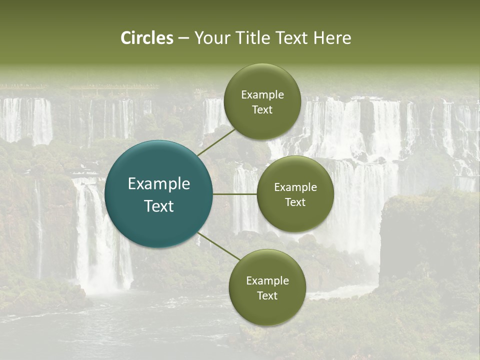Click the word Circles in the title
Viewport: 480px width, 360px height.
146,38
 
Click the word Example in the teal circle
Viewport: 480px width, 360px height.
159,184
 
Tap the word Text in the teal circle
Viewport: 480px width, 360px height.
159,206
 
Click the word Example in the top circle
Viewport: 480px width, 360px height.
262,95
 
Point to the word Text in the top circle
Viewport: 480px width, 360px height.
262,109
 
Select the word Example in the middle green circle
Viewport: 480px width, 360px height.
295,187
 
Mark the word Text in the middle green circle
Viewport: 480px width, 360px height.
295,202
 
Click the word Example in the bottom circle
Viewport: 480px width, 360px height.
267,281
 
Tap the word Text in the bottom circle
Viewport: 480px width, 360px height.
267,295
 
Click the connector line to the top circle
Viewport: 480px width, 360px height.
216,142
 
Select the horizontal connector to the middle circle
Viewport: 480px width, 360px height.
235,194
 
